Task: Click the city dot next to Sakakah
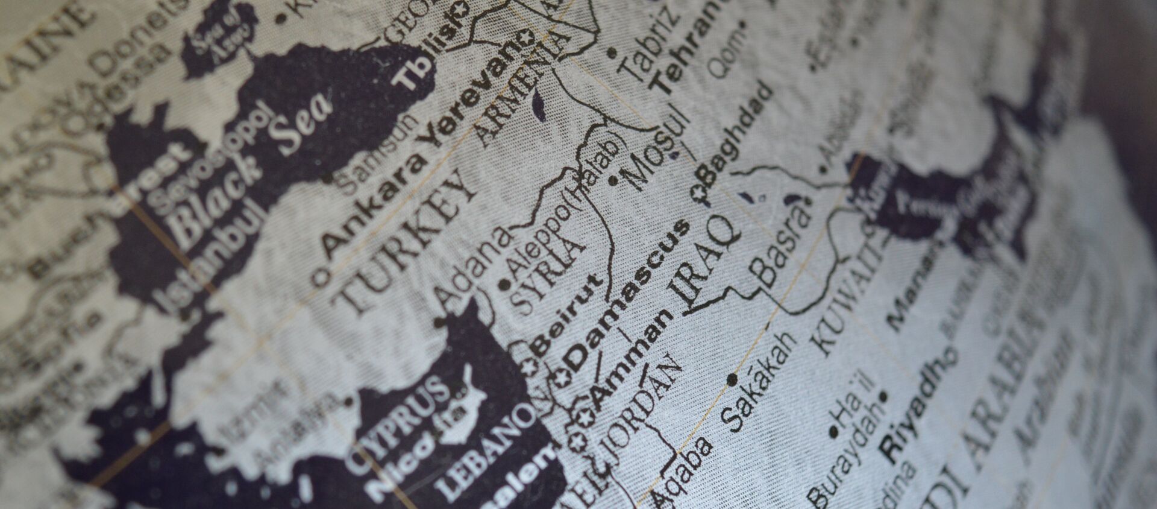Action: coord(732,379)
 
